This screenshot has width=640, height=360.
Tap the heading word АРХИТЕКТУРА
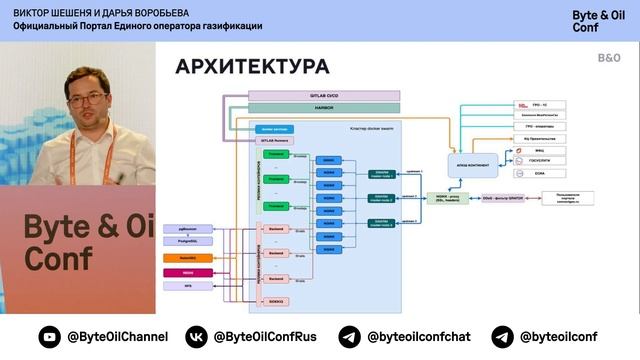coord(252,67)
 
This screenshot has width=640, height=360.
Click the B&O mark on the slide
coord(609,59)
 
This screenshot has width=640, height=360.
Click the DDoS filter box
coord(503,198)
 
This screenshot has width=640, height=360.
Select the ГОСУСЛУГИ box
coord(530,159)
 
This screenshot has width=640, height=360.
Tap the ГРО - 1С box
coord(530,104)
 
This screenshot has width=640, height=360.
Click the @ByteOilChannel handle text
coord(117,337)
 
